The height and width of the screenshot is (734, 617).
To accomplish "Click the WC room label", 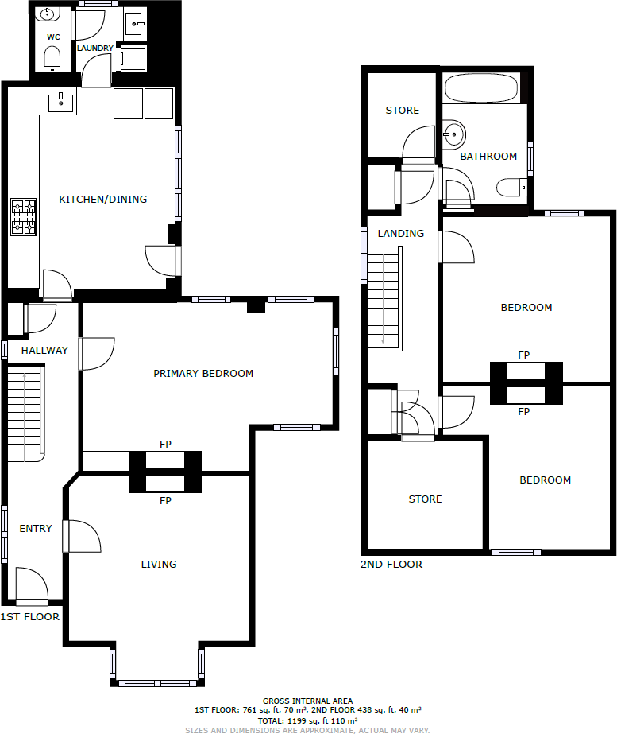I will pos(53,37).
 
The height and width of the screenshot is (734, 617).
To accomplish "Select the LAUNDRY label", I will pos(95,49).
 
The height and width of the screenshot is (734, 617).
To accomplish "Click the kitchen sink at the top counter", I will pos(61,102).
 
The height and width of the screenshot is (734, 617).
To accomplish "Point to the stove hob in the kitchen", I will pos(23,217).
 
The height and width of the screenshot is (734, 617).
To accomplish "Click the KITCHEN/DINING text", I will pos(103,199).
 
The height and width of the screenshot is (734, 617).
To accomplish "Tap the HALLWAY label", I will pos(44,350).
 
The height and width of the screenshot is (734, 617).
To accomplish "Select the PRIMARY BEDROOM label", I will pos(203,373).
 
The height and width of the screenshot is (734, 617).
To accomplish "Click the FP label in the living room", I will pos(165,501).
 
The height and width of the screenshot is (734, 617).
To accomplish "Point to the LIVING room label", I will pos(159,564).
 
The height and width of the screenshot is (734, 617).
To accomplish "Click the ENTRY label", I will pos(36,529).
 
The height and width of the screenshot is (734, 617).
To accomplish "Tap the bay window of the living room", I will pos(157,682).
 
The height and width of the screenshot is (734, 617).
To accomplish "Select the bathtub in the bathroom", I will pos(481,87).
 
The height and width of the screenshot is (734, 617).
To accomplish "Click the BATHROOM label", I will pos(488,156).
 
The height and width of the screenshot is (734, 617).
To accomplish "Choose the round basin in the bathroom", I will pos(453,133).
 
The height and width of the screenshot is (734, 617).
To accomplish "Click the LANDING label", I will pos(401,234).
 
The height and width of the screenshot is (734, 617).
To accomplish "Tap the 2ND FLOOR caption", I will pos(391,565).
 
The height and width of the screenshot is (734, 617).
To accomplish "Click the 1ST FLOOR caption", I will pos(30,616).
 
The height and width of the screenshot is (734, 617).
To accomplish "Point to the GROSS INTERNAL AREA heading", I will pos(307,701).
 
